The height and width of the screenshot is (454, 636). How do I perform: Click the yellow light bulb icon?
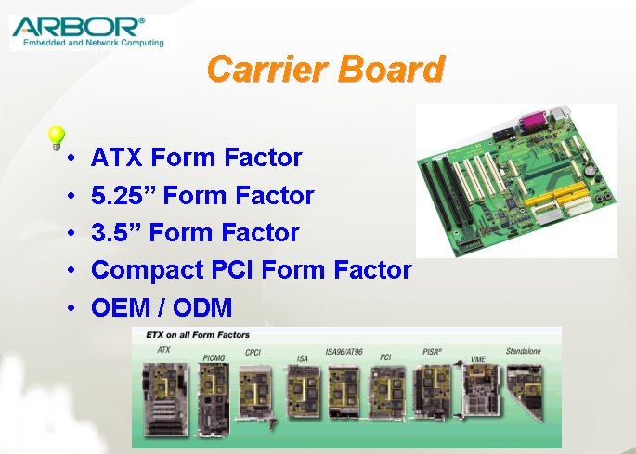pos(56,138)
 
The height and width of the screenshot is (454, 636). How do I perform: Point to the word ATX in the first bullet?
pos(117,157)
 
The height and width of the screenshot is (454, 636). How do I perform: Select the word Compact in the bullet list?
pos(148,270)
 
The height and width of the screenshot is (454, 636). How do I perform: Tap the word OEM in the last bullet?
pos(121,307)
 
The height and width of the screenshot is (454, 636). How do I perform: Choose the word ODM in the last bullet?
pos(202,307)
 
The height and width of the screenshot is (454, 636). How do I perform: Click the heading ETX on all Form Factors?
pos(198,335)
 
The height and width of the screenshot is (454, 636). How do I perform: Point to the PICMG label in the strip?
pos(214,358)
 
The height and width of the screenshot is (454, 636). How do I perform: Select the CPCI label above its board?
pos(253,353)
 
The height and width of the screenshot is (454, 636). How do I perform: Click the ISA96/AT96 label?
pos(344,352)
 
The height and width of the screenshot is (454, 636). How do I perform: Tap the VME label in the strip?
pos(478,359)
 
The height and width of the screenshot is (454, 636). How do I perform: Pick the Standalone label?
pos(524,351)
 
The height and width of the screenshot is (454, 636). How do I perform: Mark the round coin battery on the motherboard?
pos(589,171)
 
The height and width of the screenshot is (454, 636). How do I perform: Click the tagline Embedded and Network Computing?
pos(94,43)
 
